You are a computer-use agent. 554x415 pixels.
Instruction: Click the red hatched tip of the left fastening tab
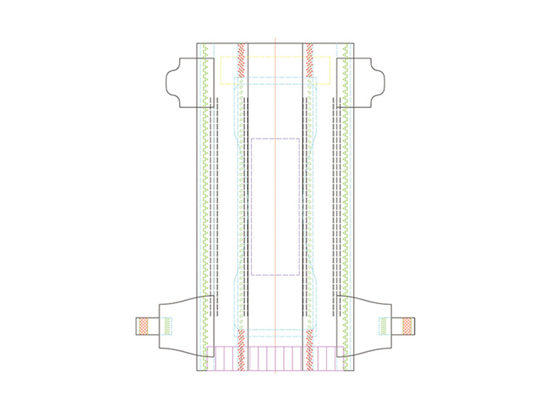pyautogui.click(x=142, y=325)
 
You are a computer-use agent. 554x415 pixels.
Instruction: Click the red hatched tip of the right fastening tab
pyautogui.click(x=409, y=325)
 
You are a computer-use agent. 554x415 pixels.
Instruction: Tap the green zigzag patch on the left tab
pyautogui.click(x=167, y=324)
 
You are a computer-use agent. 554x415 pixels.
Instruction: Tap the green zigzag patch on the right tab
pyautogui.click(x=384, y=324)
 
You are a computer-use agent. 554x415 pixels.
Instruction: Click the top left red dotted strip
pyautogui.click(x=242, y=59)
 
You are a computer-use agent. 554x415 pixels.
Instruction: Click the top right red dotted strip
pyautogui.click(x=310, y=59)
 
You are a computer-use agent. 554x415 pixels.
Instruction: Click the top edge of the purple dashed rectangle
pyautogui.click(x=275, y=138)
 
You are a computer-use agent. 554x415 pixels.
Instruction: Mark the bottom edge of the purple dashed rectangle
pyautogui.click(x=275, y=275)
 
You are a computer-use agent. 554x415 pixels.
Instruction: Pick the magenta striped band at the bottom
pyautogui.click(x=275, y=359)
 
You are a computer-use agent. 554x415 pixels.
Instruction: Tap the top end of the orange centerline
pyautogui.click(x=275, y=38)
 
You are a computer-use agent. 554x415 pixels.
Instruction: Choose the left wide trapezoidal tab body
pyautogui.click(x=181, y=325)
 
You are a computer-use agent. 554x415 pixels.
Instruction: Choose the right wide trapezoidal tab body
pyautogui.click(x=367, y=325)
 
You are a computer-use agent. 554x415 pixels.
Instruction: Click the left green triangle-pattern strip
pyautogui.click(x=205, y=207)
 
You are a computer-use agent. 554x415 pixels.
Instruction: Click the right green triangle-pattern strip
pyautogui.click(x=346, y=207)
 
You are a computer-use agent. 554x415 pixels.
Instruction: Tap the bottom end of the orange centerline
pyautogui.click(x=275, y=373)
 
